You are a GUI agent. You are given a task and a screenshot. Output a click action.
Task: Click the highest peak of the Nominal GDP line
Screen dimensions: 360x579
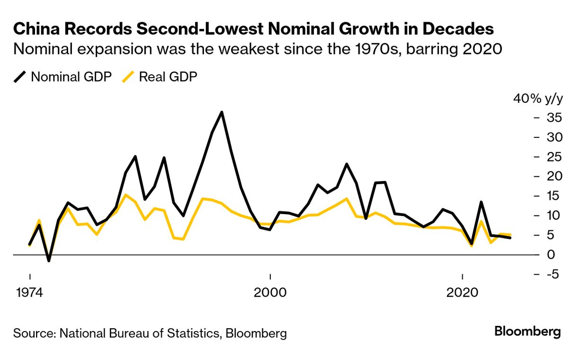point(222,112)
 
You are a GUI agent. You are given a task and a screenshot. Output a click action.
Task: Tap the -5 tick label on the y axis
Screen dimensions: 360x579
point(551,274)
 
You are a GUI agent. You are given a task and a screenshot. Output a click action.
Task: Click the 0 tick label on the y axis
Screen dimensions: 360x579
point(550,255)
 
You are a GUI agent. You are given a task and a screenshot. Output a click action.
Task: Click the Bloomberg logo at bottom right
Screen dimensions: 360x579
point(527,332)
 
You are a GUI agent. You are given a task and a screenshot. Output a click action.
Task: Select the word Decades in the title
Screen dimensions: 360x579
point(458,29)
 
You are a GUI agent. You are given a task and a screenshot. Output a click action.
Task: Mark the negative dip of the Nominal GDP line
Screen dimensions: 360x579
point(49,261)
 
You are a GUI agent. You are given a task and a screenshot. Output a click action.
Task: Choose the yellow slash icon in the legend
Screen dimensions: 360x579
point(127,77)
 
